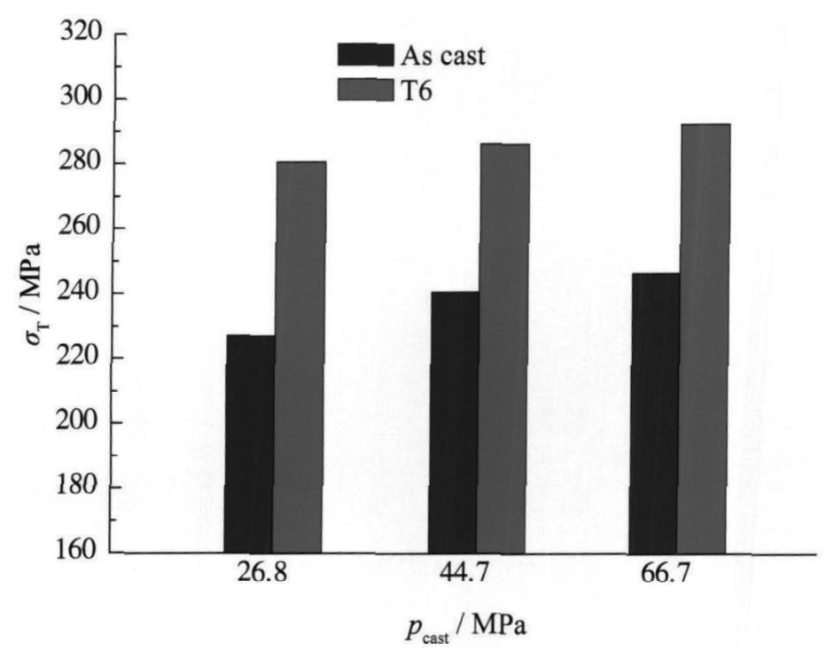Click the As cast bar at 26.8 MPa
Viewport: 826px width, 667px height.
click(x=249, y=443)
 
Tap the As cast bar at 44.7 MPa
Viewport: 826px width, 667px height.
click(x=453, y=422)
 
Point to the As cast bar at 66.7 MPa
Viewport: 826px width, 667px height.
click(x=653, y=412)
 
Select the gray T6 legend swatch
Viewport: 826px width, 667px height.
click(x=364, y=89)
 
